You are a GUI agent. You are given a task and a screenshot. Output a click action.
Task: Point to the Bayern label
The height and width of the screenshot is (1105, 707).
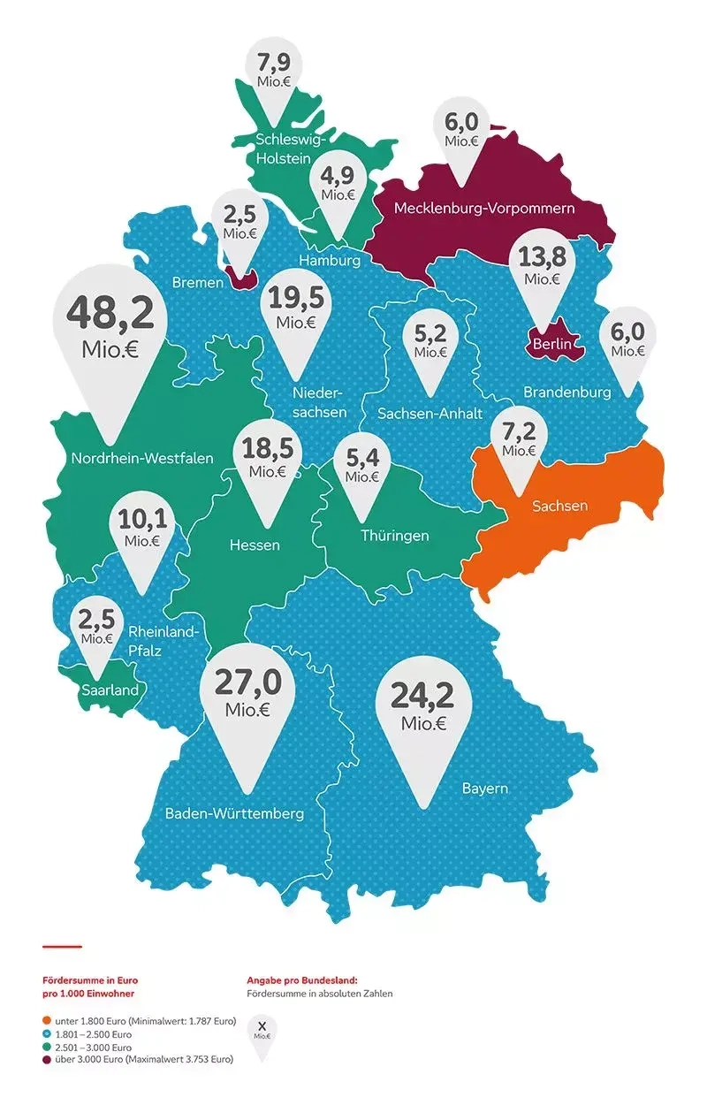click(x=484, y=788)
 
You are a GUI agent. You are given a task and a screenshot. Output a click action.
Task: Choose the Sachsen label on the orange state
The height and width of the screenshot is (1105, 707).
click(x=559, y=507)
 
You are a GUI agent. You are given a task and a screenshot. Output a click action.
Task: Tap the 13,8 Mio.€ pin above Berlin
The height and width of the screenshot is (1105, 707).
click(x=543, y=268)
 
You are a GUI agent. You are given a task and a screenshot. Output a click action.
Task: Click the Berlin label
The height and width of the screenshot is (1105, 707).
click(x=550, y=343)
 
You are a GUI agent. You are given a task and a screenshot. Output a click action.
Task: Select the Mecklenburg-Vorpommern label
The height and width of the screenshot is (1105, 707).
click(x=484, y=209)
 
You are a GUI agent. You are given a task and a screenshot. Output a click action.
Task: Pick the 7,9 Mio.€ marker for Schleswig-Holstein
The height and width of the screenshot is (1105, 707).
click(x=272, y=71)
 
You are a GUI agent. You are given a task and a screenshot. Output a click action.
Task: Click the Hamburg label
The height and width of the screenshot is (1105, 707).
click(x=329, y=261)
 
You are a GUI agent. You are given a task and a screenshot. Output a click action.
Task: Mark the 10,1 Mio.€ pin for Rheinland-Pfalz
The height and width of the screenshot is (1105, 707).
click(x=141, y=530)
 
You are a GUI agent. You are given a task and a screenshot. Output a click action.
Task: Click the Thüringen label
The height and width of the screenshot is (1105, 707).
click(x=394, y=536)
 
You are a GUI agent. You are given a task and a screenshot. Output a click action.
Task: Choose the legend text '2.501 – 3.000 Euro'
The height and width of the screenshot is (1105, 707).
click(x=93, y=1047)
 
